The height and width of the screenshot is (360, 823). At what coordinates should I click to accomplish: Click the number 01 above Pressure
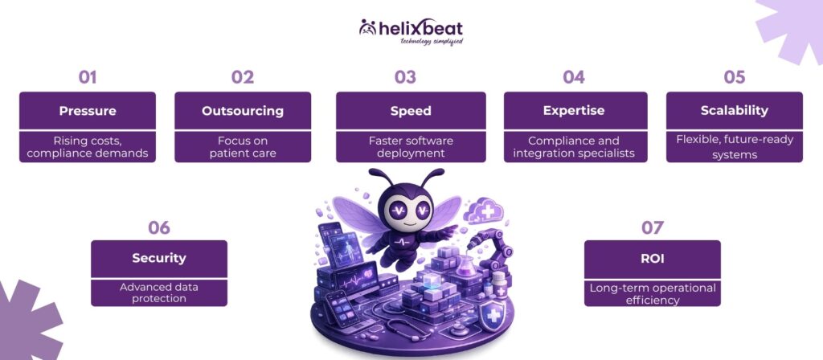point(87,77)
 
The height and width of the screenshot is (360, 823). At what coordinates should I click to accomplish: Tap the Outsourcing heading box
point(243,110)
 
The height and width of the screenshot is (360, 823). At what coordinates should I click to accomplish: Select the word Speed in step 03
point(411,110)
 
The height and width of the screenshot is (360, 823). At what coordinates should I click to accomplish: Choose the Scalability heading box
point(734,110)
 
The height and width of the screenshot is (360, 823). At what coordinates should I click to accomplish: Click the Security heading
point(158,258)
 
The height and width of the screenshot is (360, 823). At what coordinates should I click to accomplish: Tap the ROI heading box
point(652,258)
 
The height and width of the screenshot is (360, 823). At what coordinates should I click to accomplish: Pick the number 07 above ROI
point(652,227)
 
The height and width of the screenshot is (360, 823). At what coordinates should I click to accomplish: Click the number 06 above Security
point(158,227)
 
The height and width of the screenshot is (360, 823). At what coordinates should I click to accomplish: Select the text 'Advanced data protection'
point(158,292)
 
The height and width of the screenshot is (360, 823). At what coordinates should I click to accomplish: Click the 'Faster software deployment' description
point(411,146)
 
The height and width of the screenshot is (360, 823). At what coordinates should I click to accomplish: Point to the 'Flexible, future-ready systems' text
point(734,146)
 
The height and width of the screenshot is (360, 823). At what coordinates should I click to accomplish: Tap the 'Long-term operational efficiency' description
point(652,292)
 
